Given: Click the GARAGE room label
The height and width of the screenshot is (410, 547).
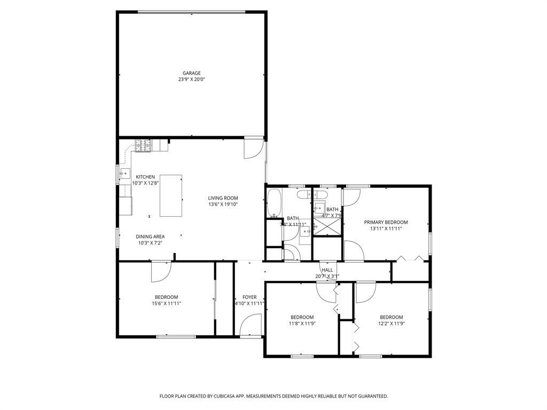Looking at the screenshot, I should (x=191, y=73).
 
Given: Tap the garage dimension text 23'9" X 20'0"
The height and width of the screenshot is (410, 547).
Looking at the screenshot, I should (x=191, y=80).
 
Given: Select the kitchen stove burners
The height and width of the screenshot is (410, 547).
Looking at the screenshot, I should (x=143, y=144).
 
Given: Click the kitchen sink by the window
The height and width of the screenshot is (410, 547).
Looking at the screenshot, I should (x=124, y=173).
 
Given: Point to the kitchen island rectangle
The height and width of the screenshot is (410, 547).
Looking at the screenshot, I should (x=171, y=195).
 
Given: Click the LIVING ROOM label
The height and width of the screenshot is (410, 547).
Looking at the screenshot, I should (x=223, y=198).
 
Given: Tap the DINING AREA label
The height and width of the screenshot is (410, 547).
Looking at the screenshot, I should (x=150, y=236).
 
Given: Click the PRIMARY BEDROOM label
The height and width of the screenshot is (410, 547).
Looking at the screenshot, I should (x=386, y=222).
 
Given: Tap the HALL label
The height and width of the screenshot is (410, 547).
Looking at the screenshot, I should (x=327, y=270).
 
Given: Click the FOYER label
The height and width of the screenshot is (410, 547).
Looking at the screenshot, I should (x=249, y=297).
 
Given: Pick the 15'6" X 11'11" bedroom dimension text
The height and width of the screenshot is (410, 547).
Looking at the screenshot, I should (x=167, y=304).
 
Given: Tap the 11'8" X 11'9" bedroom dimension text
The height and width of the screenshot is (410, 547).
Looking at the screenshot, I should (x=302, y=323).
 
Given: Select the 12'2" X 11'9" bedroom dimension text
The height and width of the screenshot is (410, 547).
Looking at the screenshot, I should (x=391, y=323).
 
